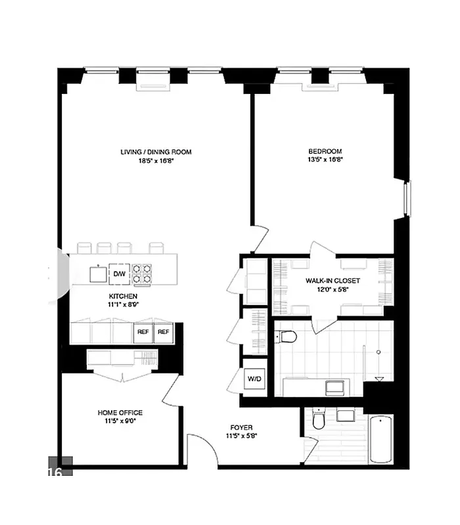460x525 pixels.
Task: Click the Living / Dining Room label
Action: click(156, 152)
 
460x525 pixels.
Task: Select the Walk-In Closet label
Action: click(332, 281)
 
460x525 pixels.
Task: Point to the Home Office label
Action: click(120, 413)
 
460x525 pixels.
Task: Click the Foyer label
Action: click(241, 427)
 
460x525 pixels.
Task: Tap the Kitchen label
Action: click(123, 297)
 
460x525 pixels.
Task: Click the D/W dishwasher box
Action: click(119, 274)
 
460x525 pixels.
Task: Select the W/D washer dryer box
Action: click(254, 379)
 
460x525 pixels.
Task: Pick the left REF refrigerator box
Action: click(143, 333)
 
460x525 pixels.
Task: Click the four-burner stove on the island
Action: click(141, 274)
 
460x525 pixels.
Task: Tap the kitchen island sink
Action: click(99, 274)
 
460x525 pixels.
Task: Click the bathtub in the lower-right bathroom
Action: click(380, 438)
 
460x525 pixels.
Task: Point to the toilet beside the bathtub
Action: click(319, 419)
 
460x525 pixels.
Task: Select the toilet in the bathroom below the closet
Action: click(287, 337)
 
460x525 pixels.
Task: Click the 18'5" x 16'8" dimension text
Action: click(156, 160)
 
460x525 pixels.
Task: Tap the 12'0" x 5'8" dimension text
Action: click(332, 289)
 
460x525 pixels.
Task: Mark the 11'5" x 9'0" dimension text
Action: click(120, 421)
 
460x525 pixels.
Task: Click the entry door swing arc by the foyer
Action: click(202, 450)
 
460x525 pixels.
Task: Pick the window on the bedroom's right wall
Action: click(407, 198)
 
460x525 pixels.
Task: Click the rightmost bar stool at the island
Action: click(156, 247)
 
